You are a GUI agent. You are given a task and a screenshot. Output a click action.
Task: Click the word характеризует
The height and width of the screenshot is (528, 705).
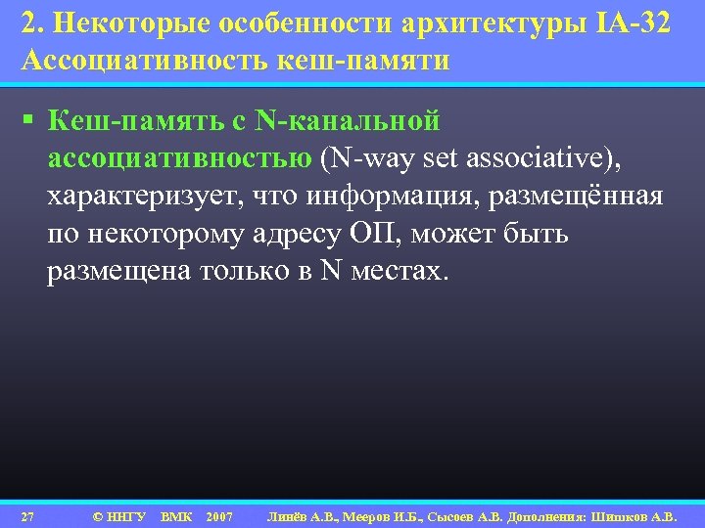click(x=144, y=197)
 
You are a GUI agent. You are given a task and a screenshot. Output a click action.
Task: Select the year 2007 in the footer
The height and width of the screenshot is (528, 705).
click(x=219, y=515)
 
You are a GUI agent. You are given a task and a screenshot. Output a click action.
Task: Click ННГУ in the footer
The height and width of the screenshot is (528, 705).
click(x=125, y=515)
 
